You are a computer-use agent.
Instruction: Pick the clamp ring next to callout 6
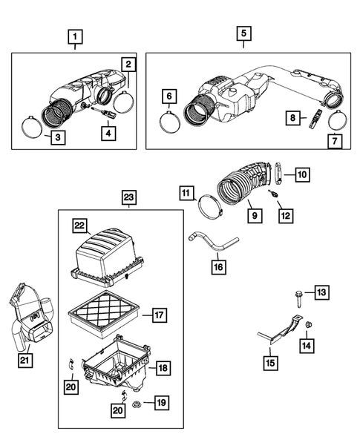tap(169, 119)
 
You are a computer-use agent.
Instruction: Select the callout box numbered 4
tap(109, 134)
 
